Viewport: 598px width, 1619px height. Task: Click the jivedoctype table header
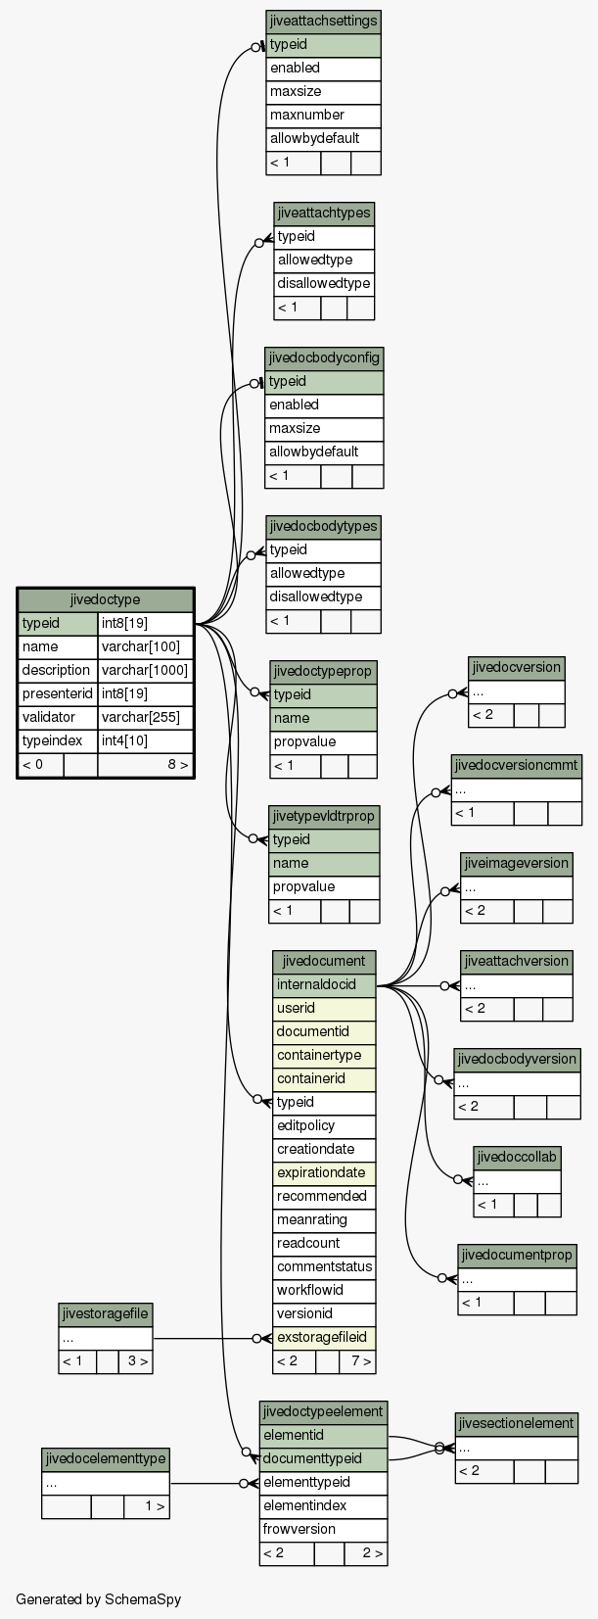coord(106,599)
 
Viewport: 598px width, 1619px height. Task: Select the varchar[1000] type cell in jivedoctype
coord(145,670)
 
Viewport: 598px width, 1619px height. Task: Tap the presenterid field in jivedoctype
coord(58,693)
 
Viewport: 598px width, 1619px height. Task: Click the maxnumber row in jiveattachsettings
coord(323,115)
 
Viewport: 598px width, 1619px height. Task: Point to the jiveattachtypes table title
coord(324,214)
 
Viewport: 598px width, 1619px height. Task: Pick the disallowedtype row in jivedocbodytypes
coord(323,597)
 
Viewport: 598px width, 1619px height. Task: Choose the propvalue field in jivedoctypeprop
coord(324,742)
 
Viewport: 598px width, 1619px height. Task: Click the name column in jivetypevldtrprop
coord(324,863)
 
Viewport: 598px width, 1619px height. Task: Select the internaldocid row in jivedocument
coord(324,984)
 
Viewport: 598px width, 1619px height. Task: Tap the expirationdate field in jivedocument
coord(324,1172)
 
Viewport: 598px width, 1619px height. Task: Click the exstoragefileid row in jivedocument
coord(324,1337)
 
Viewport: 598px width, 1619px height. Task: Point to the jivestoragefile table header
coord(106,1313)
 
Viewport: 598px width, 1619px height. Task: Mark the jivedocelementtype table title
coord(106,1458)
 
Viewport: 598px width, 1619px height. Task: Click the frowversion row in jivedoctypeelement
coord(324,1529)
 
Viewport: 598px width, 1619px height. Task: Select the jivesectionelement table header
coord(517,1423)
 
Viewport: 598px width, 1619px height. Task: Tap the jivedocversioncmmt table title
coord(517,765)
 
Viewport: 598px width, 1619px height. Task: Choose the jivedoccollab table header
coord(517,1157)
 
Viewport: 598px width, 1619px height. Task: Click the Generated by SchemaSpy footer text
coord(98,1599)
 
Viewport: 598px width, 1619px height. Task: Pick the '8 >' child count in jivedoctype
coord(178,764)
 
